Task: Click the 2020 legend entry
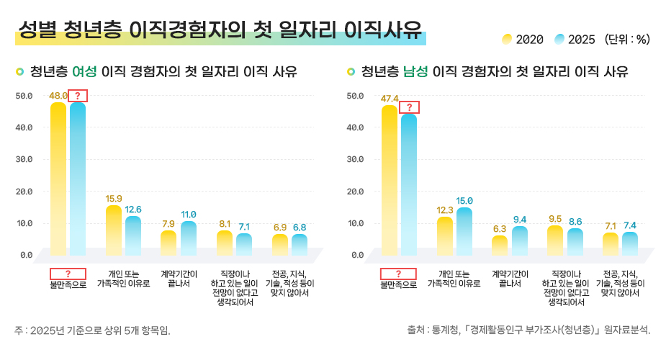pyautogui.click(x=523, y=40)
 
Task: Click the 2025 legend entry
pyautogui.click(x=575, y=40)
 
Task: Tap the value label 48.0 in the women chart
pyautogui.click(x=58, y=95)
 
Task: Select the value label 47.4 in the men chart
pyautogui.click(x=389, y=98)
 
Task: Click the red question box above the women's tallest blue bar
pyautogui.click(x=77, y=95)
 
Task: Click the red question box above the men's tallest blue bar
pyautogui.click(x=409, y=108)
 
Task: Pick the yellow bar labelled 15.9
pyautogui.click(x=114, y=230)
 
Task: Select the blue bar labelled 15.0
pyautogui.click(x=464, y=231)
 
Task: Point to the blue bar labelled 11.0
pyautogui.click(x=189, y=238)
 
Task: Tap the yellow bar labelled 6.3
pyautogui.click(x=500, y=245)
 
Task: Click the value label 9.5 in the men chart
pyautogui.click(x=554, y=219)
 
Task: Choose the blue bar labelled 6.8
pyautogui.click(x=300, y=244)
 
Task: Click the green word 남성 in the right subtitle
pyautogui.click(x=415, y=72)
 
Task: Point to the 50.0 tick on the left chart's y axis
pyautogui.click(x=24, y=96)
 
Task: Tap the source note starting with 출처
pyautogui.click(x=528, y=330)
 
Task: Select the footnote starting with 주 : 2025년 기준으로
pyautogui.click(x=92, y=330)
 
